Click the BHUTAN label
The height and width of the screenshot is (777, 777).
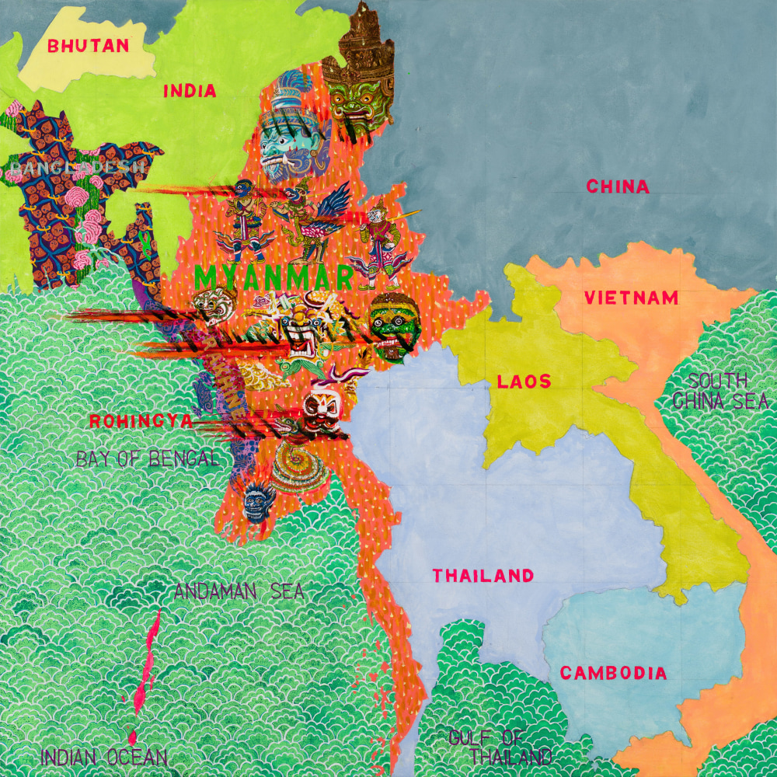(x=88, y=45)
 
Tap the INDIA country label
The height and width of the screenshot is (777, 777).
(x=190, y=91)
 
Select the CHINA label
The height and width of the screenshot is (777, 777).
(x=618, y=186)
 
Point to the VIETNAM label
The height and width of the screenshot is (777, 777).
(x=631, y=298)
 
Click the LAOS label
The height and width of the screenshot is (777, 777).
(x=524, y=382)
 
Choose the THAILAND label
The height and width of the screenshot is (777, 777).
(x=483, y=576)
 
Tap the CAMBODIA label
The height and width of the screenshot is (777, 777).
(x=613, y=673)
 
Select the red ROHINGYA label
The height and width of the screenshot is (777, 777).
(x=141, y=421)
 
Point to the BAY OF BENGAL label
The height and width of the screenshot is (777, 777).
(x=148, y=458)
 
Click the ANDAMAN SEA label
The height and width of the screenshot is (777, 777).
(x=239, y=591)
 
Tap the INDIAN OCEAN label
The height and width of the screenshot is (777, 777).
(x=103, y=757)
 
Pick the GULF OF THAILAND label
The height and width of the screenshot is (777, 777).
(x=500, y=747)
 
